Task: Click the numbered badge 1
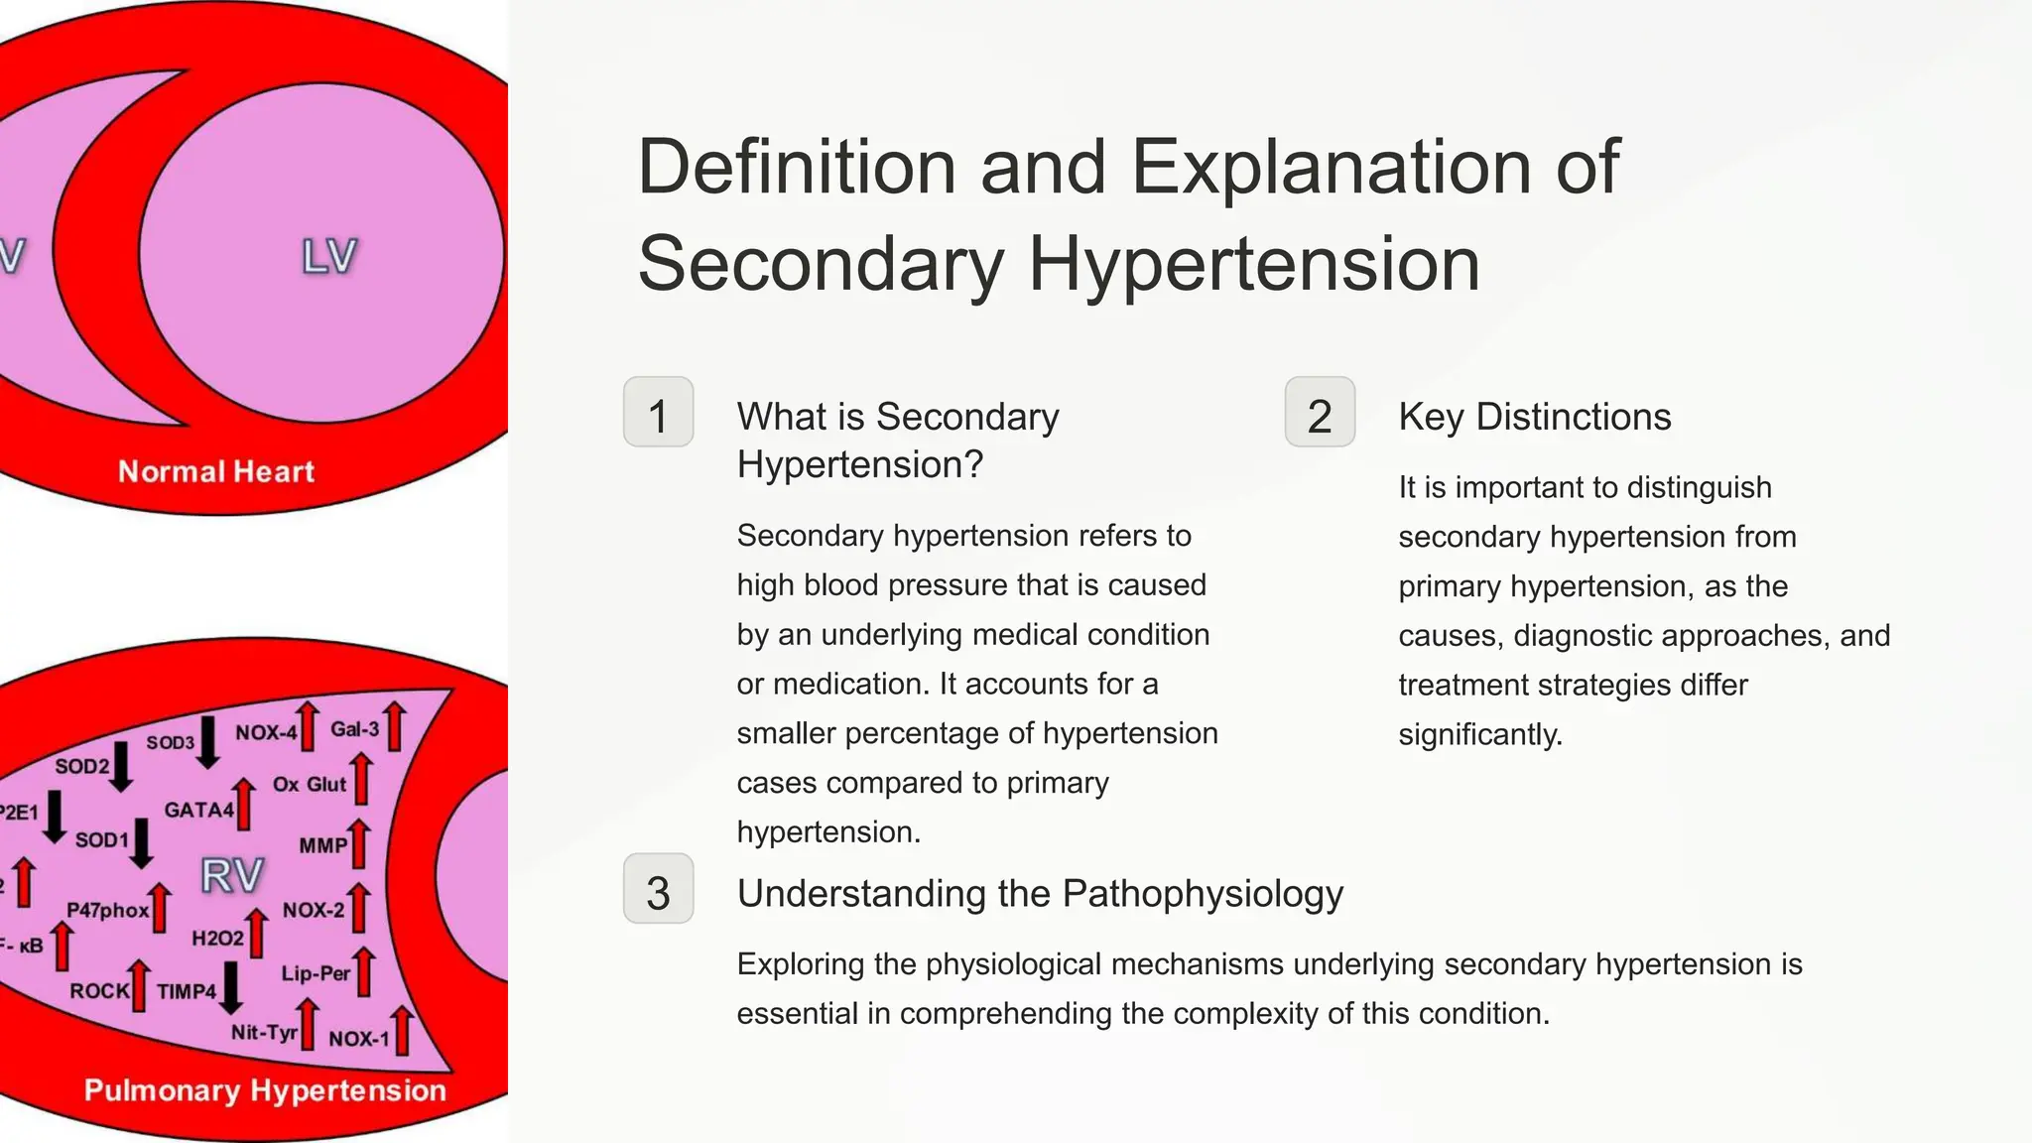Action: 658,413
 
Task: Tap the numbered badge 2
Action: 1320,413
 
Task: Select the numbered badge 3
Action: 658,889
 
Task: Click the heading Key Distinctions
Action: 1534,417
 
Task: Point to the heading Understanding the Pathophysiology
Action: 1039,893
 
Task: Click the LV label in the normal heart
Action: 328,257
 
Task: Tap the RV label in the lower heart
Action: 231,876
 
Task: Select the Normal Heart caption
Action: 215,471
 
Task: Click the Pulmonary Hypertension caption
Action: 265,1090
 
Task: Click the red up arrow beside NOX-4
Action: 309,726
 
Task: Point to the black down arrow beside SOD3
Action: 207,742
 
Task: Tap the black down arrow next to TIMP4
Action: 231,988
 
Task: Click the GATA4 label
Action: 198,810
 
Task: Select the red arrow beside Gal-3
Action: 395,726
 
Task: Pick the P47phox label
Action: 107,910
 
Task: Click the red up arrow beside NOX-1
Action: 402,1031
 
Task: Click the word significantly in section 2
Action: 1479,734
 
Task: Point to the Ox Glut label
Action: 310,784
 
